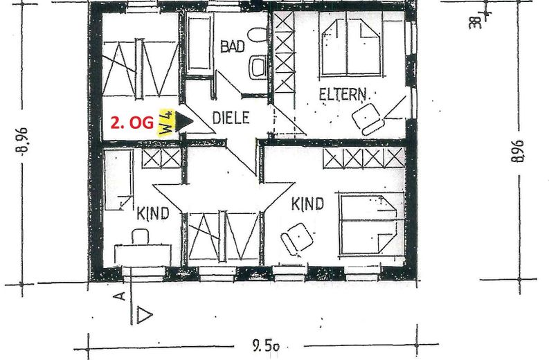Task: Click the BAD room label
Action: tap(233, 46)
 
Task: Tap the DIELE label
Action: tap(231, 118)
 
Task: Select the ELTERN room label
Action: tap(343, 94)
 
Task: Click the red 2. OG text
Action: tap(132, 123)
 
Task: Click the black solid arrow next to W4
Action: tap(184, 121)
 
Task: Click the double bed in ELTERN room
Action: tap(351, 45)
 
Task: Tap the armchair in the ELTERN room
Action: tap(368, 118)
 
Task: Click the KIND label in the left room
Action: tap(153, 213)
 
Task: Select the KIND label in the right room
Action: tap(308, 204)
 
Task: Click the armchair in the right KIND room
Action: tap(297, 237)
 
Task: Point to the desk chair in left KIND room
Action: tap(140, 236)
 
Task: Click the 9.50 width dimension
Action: tap(266, 346)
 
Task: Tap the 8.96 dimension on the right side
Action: tap(518, 151)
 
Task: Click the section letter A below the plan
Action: tap(120, 296)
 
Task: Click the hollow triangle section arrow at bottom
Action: tap(143, 315)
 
